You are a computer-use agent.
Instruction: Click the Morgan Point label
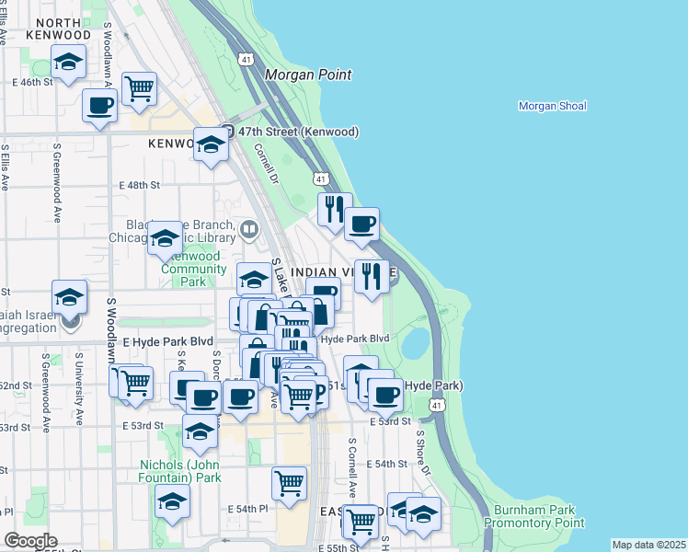point(308,75)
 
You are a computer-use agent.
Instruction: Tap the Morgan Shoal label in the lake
point(552,106)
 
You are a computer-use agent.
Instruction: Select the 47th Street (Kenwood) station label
point(297,132)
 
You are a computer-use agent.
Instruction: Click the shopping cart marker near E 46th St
point(139,88)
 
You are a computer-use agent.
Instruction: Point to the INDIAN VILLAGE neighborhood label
point(331,273)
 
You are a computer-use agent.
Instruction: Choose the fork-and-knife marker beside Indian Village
point(372,276)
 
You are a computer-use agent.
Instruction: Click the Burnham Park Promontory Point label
point(538,516)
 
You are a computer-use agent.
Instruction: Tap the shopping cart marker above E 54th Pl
point(289,483)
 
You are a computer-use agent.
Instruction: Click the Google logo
point(30,541)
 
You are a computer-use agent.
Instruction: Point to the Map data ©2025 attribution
point(648,545)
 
